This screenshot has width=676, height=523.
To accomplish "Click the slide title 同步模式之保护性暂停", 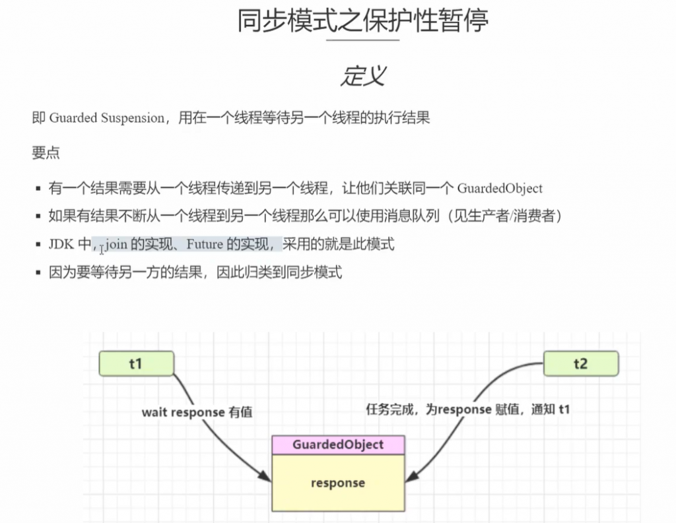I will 363,21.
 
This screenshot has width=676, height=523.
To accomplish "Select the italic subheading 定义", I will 362,76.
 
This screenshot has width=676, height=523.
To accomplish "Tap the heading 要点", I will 46,153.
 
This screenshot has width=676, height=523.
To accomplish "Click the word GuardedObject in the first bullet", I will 500,189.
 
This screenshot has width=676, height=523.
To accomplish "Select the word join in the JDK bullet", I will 116,245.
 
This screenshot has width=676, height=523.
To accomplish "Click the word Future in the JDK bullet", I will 205,245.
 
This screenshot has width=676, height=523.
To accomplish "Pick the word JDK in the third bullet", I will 61,245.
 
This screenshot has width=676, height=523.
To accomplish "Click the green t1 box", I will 136,363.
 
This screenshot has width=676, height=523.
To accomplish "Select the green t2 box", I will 580,363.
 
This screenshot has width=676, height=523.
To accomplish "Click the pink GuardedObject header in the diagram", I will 337,445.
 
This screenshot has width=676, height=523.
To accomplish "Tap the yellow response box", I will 337,483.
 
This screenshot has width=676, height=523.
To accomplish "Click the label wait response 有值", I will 197,412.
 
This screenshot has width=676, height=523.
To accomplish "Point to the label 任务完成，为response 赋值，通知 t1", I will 468,409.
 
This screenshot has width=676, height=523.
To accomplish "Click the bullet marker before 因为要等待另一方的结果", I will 39,273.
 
